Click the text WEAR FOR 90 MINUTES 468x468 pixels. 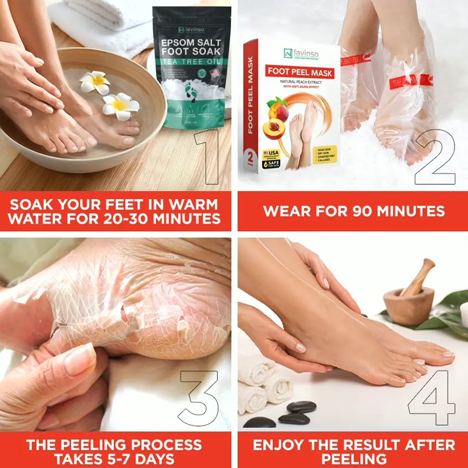point(354,211)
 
